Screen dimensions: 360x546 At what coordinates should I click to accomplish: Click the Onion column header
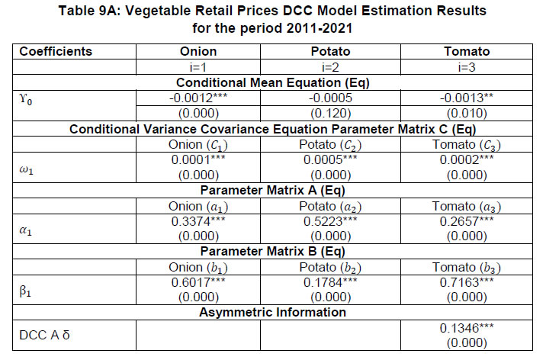pos(198,52)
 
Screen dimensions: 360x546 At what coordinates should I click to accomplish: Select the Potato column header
pos(330,52)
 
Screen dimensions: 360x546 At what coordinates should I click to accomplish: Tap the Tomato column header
pos(464,52)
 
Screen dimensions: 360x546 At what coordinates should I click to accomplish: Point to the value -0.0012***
pos(198,98)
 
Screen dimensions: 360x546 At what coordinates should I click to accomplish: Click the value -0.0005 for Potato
pos(330,98)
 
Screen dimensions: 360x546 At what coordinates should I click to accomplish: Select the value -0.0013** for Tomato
pos(464,98)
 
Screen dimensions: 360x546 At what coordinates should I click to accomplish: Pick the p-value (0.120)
pos(330,112)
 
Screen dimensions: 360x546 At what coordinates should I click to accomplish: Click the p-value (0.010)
pos(464,112)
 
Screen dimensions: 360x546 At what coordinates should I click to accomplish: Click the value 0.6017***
pos(198,280)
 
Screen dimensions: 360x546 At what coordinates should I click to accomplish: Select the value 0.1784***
pos(330,280)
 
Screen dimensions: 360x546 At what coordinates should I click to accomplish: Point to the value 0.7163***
pos(464,280)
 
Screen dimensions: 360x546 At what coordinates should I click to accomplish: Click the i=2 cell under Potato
pos(330,67)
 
